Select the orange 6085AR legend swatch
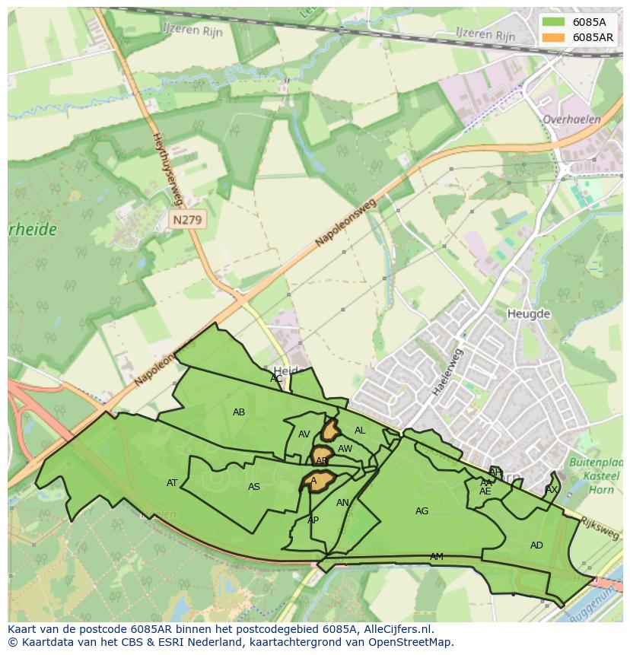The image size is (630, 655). coord(554,37)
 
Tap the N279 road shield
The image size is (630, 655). coord(188,220)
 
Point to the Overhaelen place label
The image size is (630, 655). coord(571,119)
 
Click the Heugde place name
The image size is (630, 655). coord(528,313)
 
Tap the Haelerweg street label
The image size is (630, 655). coord(447,372)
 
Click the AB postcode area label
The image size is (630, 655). coord(239,412)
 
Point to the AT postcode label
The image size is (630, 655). coord(172,483)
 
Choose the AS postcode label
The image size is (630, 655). coord(254,487)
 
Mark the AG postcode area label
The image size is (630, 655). coord(422,511)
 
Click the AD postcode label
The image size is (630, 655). coord(536,545)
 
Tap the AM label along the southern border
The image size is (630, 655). coord(436,557)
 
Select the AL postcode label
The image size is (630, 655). coord(360,431)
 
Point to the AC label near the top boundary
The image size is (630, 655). coord(276,378)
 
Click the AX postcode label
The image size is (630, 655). coord(552,490)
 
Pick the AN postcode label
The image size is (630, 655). coord(342,503)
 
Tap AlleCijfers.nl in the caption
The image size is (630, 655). coord(396,629)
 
